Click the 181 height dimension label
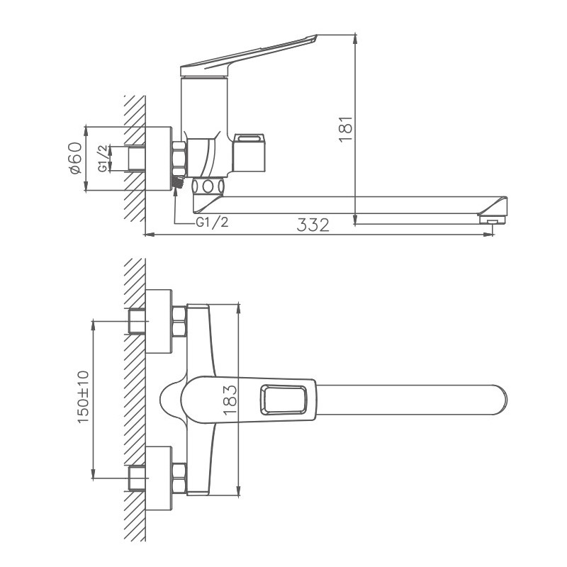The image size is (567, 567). (345, 129)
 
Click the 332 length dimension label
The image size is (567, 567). (313, 226)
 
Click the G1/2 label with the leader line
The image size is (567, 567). (212, 223)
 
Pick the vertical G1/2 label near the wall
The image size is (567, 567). (103, 158)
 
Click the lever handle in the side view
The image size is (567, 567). (248, 56)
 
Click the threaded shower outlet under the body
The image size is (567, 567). (178, 184)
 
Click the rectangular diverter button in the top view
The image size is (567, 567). (287, 399)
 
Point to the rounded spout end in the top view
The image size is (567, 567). (496, 398)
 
